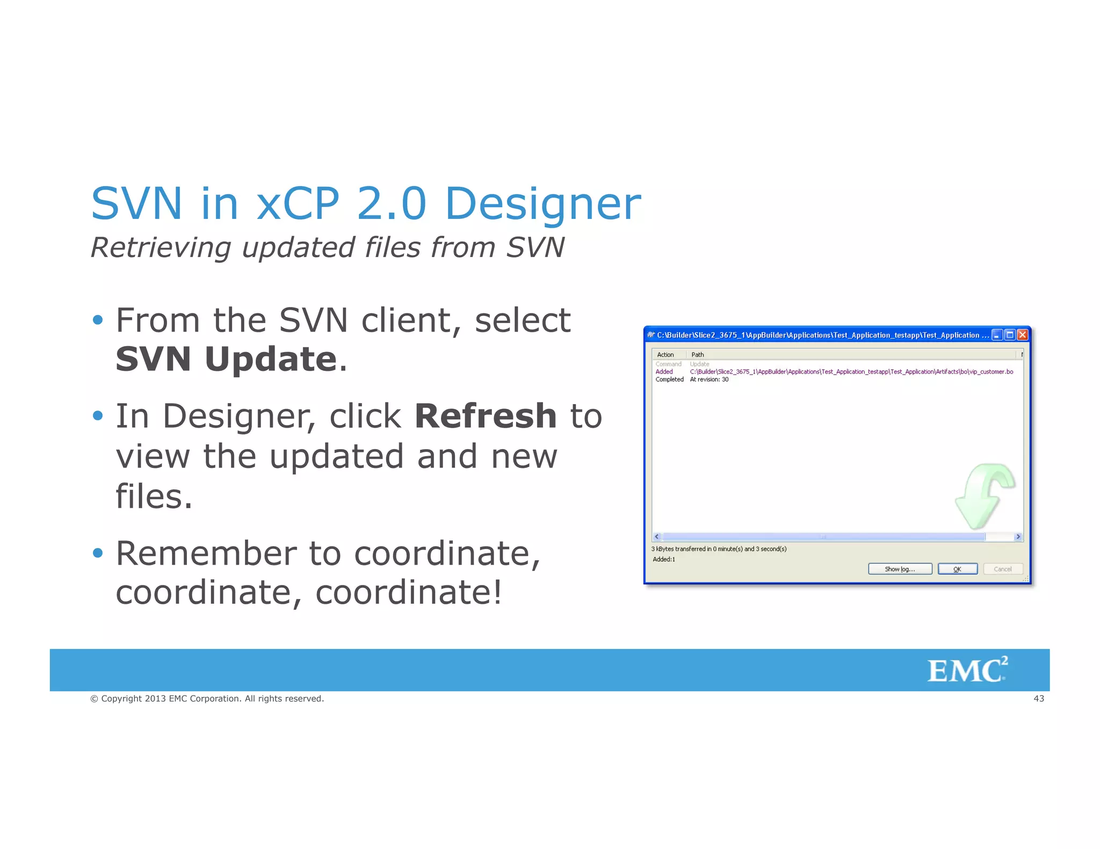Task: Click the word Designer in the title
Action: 542,204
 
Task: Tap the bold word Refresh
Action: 486,416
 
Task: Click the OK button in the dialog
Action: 957,569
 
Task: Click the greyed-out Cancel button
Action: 1002,569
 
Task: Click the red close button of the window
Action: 1023,335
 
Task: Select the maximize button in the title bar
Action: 1010,335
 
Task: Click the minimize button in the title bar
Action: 997,335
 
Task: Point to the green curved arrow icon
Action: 984,495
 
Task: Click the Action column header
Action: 665,355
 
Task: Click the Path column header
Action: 697,355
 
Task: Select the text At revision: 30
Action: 709,379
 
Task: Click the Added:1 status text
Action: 664,559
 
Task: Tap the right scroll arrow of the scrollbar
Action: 1018,537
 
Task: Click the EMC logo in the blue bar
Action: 967,670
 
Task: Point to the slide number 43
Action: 1038,699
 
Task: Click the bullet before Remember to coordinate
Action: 97,553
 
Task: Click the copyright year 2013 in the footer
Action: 155,699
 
